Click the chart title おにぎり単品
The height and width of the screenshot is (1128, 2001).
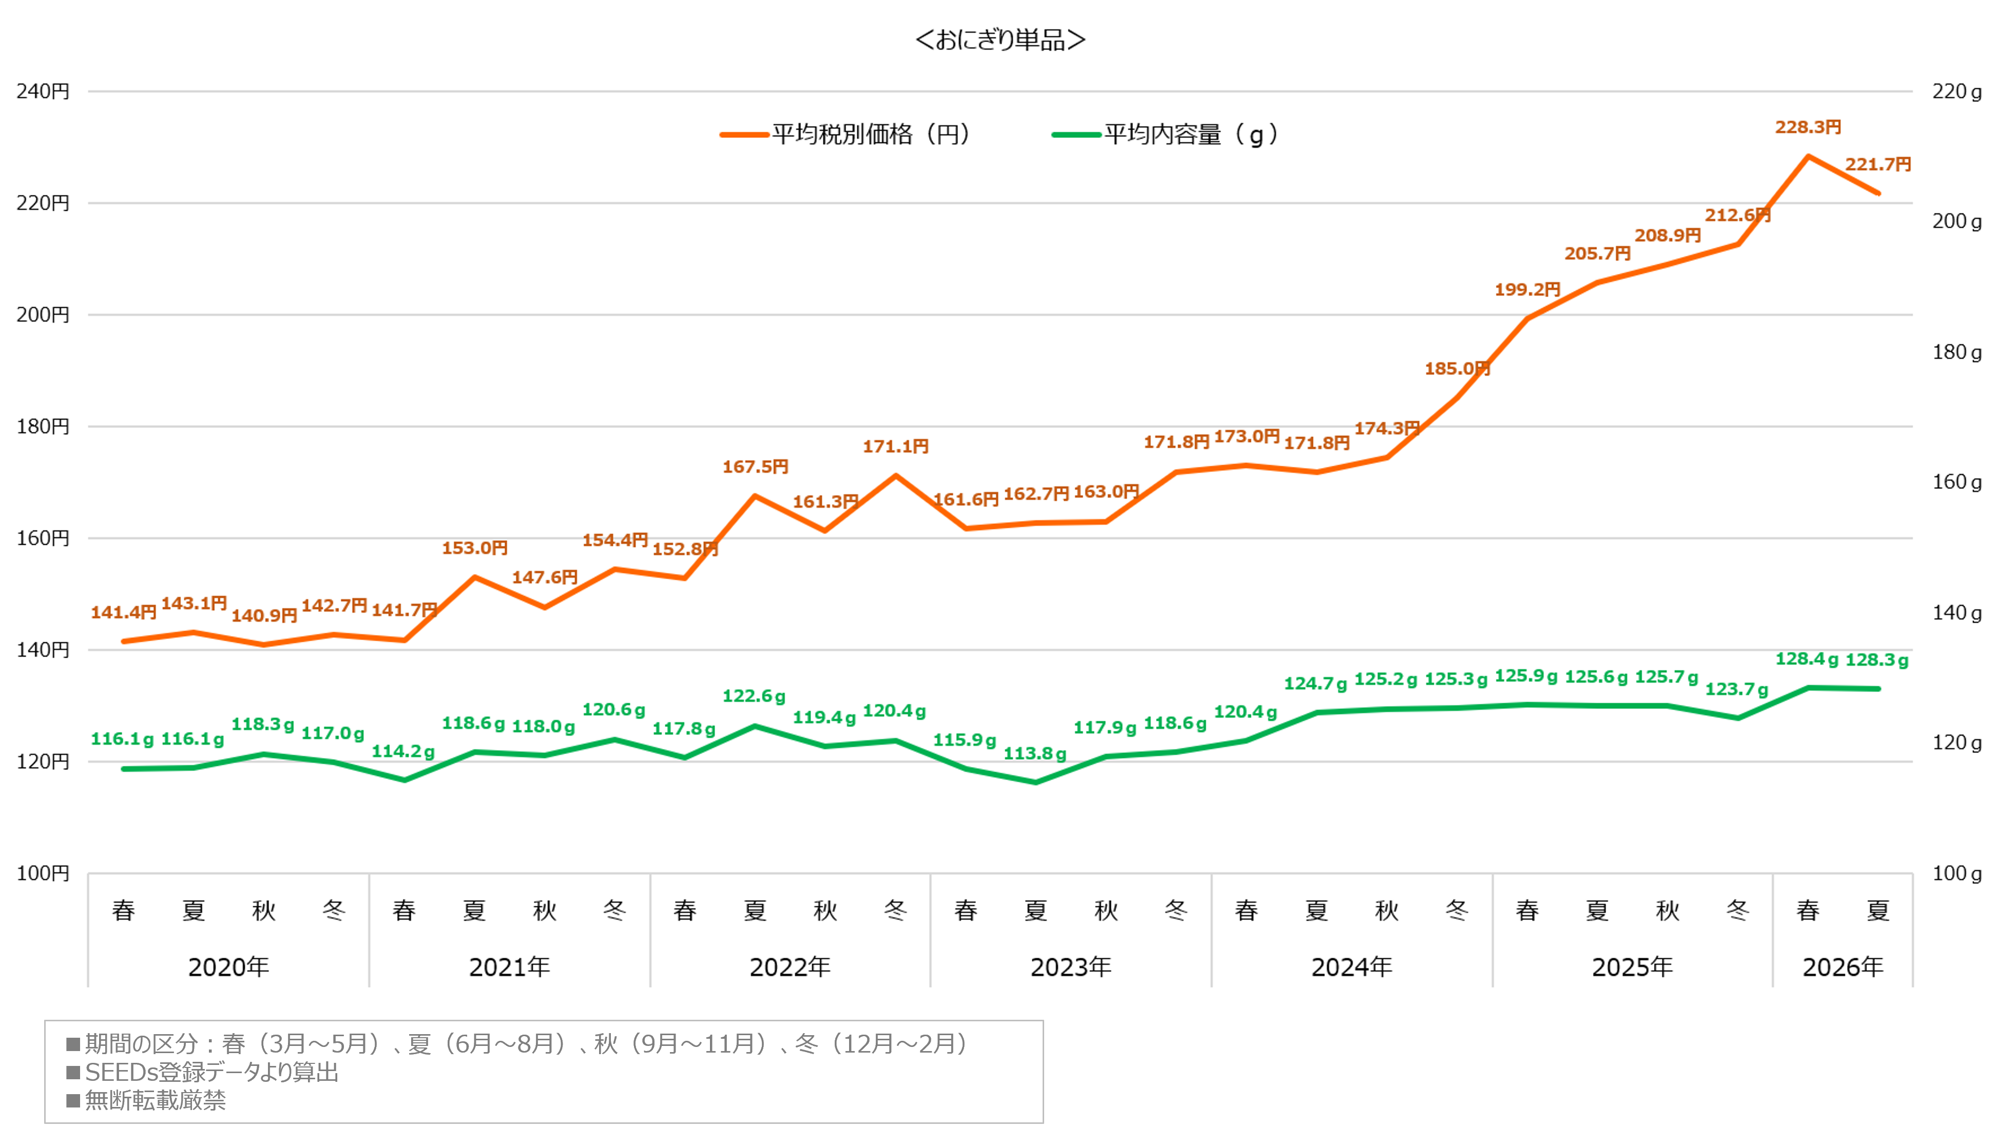click(1000, 39)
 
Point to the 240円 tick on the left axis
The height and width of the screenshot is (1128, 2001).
click(43, 92)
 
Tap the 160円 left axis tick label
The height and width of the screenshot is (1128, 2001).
click(43, 538)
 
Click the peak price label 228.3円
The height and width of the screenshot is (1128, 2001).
click(1807, 127)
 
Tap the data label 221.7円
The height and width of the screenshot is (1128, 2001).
click(1877, 165)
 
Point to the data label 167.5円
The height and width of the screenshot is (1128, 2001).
click(755, 467)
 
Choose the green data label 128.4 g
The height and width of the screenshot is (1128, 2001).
click(1807, 659)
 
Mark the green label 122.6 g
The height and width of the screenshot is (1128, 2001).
click(754, 696)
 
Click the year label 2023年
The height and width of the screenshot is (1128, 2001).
click(1070, 967)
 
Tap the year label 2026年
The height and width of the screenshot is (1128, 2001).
click(1842, 967)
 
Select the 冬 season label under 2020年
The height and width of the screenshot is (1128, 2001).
click(334, 910)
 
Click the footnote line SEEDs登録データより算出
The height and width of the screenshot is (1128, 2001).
click(211, 1072)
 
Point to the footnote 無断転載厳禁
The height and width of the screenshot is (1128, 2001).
click(156, 1100)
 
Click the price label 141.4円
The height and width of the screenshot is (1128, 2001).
click(124, 612)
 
